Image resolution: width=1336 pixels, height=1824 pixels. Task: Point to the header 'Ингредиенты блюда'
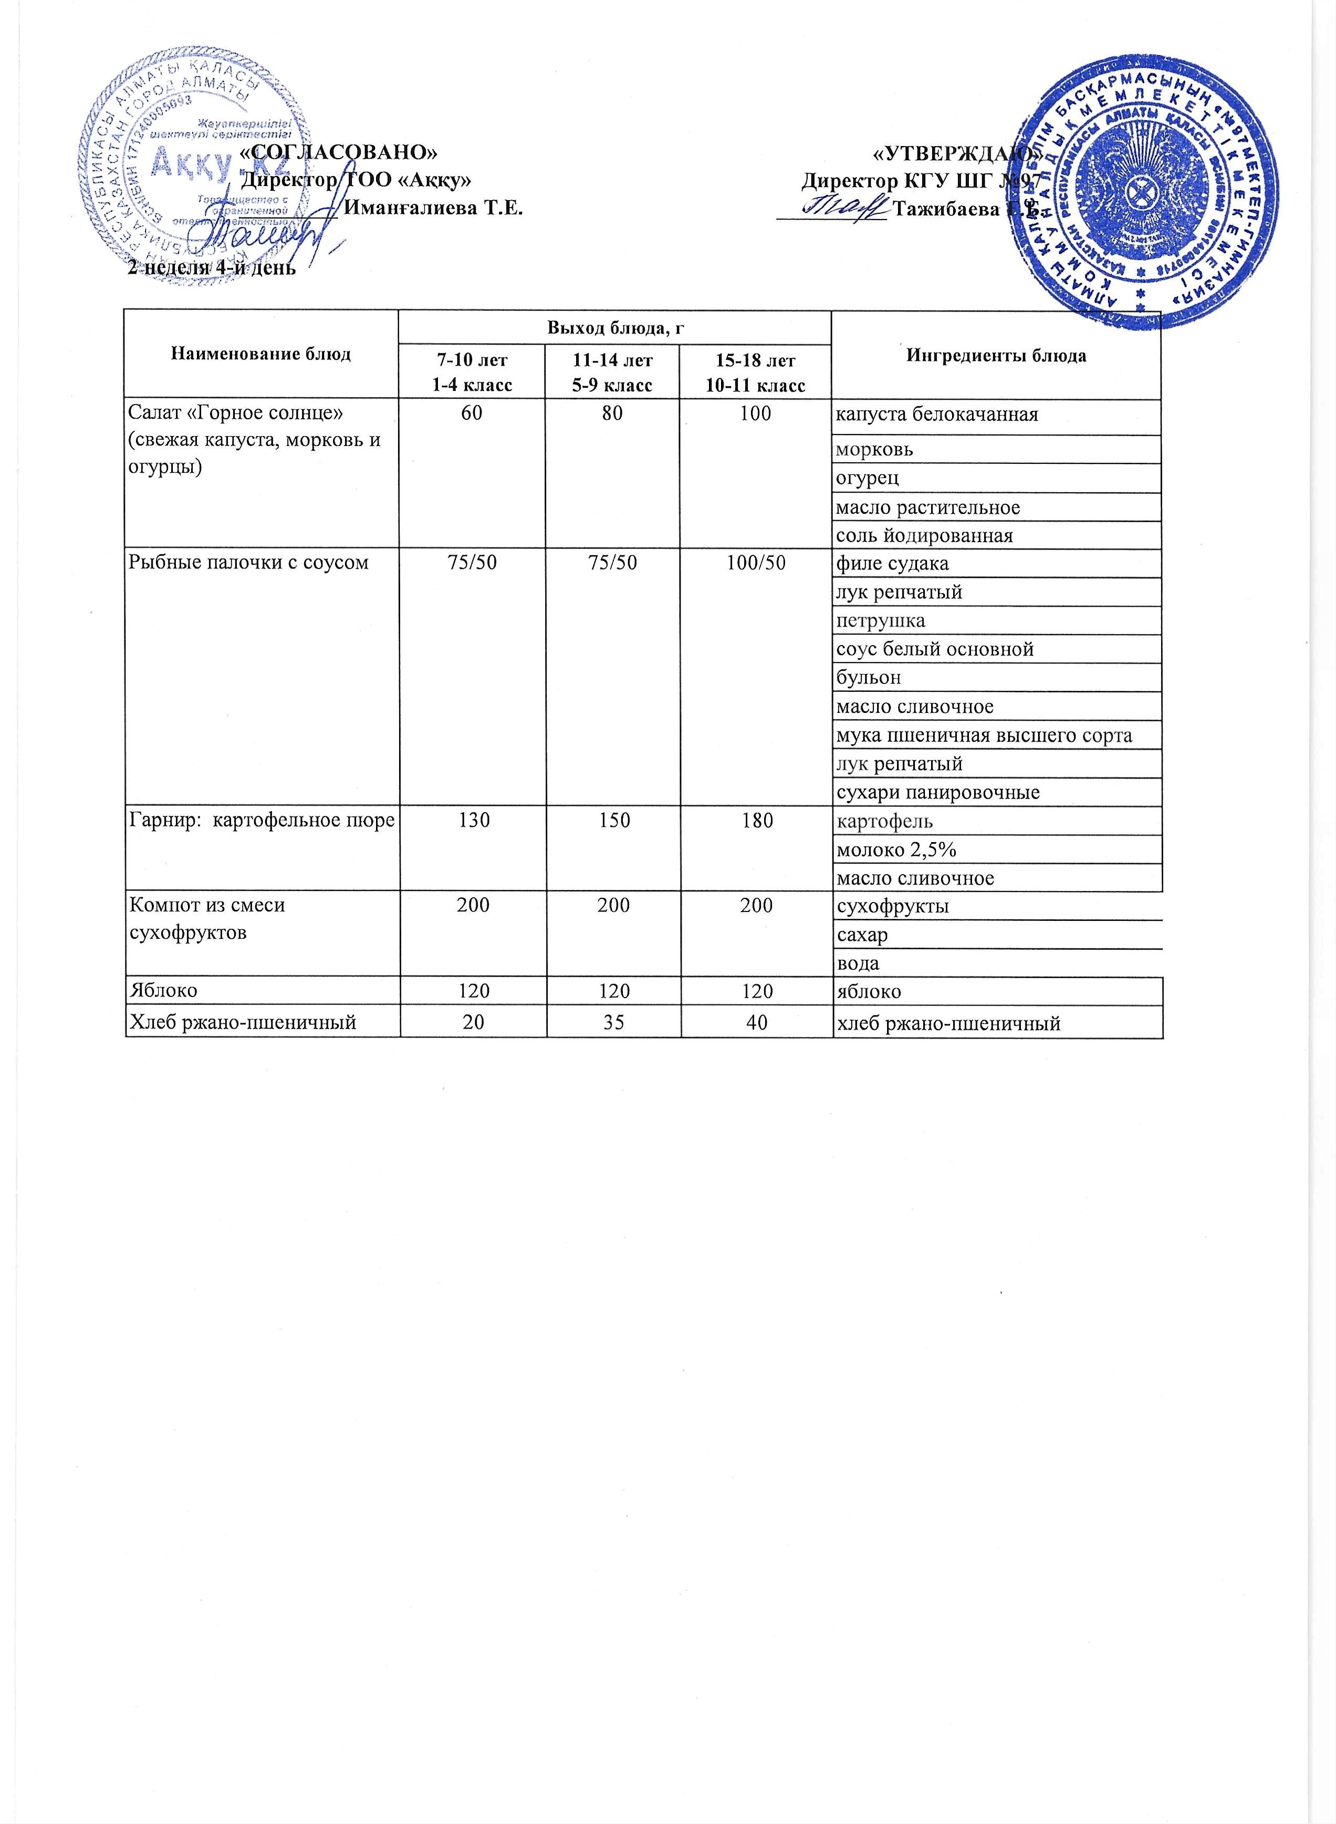click(996, 356)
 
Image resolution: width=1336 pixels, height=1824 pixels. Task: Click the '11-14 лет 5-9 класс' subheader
click(612, 371)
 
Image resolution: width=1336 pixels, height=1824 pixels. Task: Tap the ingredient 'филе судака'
click(892, 564)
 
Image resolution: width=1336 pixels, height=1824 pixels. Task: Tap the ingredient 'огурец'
click(867, 478)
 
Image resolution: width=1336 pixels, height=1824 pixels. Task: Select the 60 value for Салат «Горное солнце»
click(472, 413)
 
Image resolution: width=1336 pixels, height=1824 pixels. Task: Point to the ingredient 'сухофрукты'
click(892, 906)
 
